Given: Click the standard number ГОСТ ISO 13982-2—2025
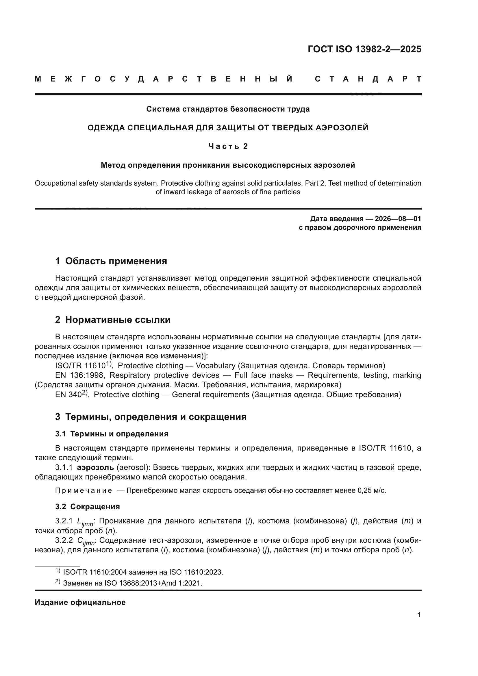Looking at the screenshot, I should [x=364, y=49].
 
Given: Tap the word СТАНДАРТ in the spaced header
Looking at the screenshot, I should [x=368, y=79].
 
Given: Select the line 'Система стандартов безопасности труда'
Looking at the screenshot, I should [x=228, y=109].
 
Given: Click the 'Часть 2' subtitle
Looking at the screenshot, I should [x=228, y=146].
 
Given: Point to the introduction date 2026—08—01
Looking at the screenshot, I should [x=398, y=219].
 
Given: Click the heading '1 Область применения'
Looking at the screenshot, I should [x=111, y=261].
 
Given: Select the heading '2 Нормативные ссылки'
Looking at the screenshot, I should [x=113, y=320].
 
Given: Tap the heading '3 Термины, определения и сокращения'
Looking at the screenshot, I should [x=151, y=417].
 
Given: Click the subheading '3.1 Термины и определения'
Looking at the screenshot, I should [x=112, y=434].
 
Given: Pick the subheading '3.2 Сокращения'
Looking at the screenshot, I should [x=87, y=507].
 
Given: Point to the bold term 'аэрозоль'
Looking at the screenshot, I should [x=95, y=468].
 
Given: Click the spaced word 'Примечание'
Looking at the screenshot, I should [x=84, y=490].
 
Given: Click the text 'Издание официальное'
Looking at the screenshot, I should [x=80, y=602].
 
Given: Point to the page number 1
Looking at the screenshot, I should [x=419, y=615].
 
